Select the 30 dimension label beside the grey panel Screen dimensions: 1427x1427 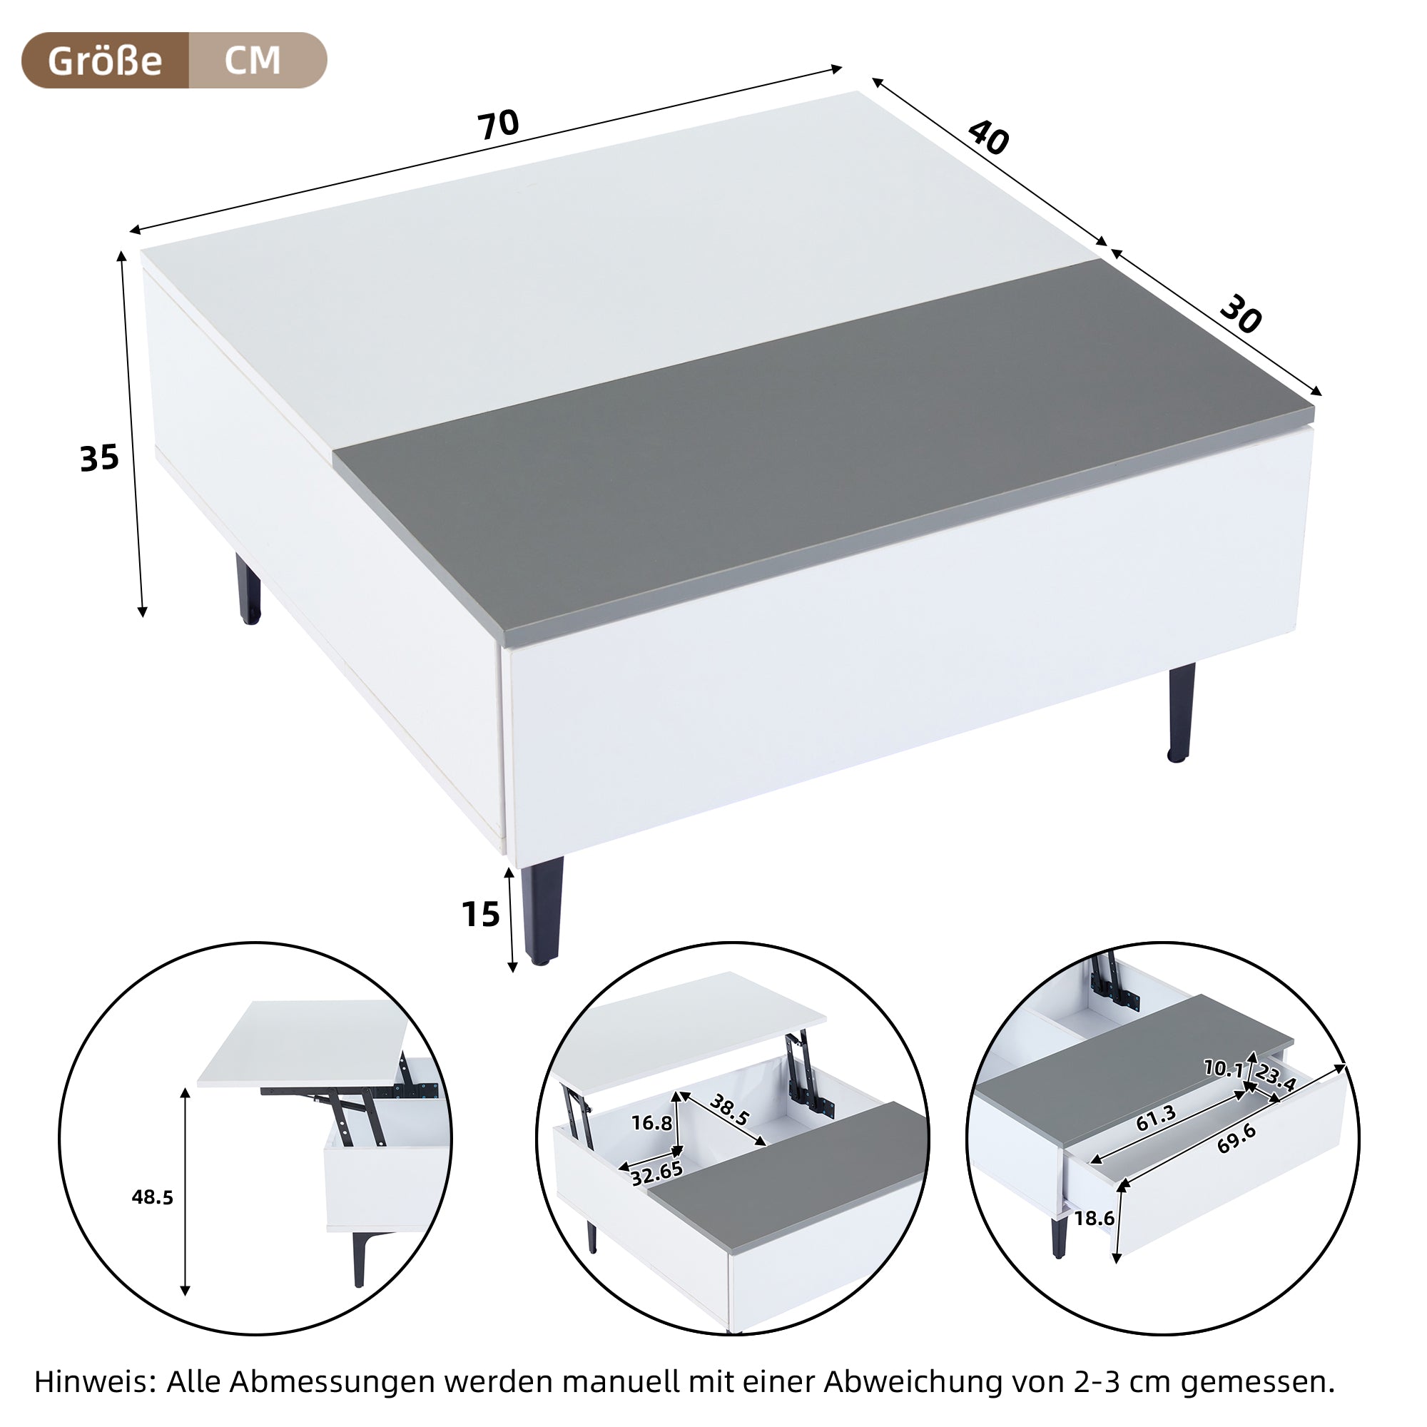click(x=1240, y=315)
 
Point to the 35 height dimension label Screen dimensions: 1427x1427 click(x=99, y=459)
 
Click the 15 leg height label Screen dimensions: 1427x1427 click(x=481, y=915)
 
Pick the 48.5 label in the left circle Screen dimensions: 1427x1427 click(x=152, y=1197)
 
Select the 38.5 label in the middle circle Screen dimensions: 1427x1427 click(x=729, y=1109)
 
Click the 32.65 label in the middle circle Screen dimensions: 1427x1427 click(x=656, y=1173)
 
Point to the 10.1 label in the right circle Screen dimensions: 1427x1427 click(x=1223, y=1068)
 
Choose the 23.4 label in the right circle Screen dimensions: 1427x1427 click(x=1276, y=1077)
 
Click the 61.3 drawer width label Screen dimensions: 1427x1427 click(x=1156, y=1118)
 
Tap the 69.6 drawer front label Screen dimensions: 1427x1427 click(x=1236, y=1139)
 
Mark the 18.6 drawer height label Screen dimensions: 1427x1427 click(x=1094, y=1218)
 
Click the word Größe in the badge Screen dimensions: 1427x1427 click(x=105, y=61)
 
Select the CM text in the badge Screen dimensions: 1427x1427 click(x=253, y=61)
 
